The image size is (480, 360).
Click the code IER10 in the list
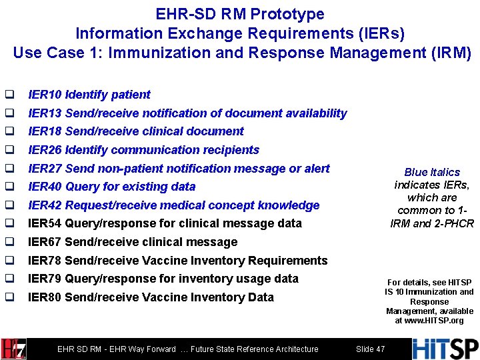click(x=45, y=95)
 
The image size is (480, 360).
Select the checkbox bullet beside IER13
click(x=9, y=113)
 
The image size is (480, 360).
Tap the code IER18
click(x=45, y=131)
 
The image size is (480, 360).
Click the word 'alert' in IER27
click(x=317, y=168)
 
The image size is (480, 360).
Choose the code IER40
click(x=45, y=187)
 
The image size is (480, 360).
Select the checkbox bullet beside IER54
click(x=9, y=223)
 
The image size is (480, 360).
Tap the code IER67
click(x=45, y=242)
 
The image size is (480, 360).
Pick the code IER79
click(x=45, y=279)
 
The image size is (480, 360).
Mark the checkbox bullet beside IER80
click(x=9, y=297)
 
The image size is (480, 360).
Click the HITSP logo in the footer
click(x=445, y=349)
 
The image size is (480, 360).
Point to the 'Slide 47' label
click(x=370, y=349)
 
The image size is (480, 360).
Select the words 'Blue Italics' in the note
click(x=431, y=172)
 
